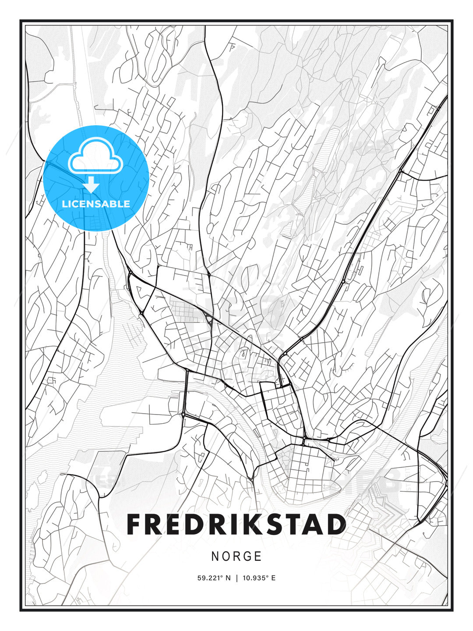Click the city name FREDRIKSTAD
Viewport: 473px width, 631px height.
(236, 525)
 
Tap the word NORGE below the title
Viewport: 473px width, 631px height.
(236, 557)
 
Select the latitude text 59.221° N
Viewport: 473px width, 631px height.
(214, 578)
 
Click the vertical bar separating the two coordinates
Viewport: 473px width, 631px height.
(236, 578)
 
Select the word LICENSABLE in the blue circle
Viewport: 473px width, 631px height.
(96, 204)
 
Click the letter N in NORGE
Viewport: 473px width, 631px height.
(215, 557)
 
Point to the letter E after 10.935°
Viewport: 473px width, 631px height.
(273, 578)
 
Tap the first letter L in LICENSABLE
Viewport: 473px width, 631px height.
(65, 204)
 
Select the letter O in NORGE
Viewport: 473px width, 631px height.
(226, 557)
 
